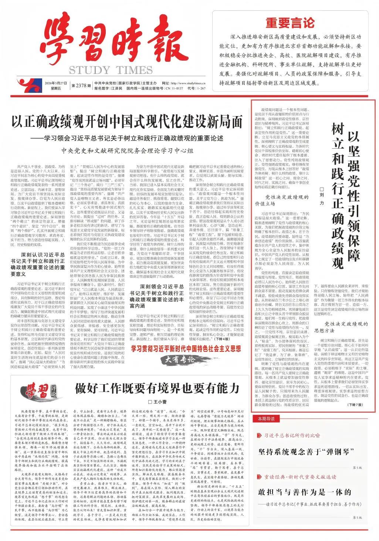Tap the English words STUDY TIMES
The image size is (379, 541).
(111, 70)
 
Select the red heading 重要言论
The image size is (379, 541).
(290, 23)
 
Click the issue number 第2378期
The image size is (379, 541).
(81, 85)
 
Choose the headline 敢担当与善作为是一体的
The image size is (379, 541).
(304, 492)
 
